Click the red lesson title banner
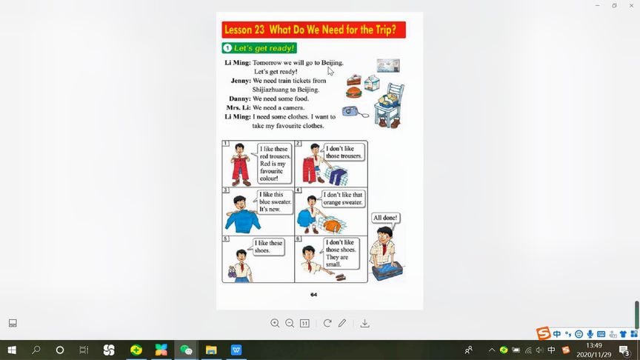point(313,30)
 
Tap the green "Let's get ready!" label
point(259,48)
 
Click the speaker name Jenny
point(241,81)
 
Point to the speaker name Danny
point(240,99)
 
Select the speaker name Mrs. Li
point(239,107)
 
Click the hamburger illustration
point(353,93)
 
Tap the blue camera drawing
point(350,111)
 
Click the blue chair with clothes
point(390,105)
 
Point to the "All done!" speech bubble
point(385,218)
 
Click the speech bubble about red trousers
point(275,163)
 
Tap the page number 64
point(313,294)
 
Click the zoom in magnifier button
point(275,323)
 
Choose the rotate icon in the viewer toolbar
point(327,323)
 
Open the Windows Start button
point(12,350)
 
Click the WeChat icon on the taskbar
point(186,350)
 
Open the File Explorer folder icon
point(211,350)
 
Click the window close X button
point(631,6)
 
